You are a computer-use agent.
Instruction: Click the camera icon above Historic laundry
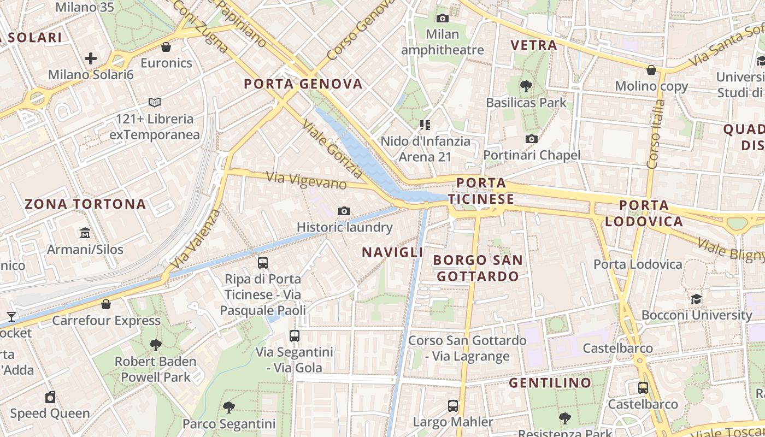(x=344, y=211)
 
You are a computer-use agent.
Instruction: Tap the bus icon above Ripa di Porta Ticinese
(x=263, y=263)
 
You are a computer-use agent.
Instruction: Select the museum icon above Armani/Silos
(x=85, y=233)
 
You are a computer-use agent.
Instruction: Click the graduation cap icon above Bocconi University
(x=696, y=299)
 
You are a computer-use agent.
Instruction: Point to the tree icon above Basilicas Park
(x=526, y=86)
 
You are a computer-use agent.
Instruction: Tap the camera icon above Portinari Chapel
(x=532, y=139)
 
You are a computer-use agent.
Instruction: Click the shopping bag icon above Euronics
(x=166, y=47)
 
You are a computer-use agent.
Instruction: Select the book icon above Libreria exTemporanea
(x=155, y=102)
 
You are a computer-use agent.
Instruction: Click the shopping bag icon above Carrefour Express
(x=106, y=304)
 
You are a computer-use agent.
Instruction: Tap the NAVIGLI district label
(x=392, y=252)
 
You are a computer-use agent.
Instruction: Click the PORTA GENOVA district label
(x=303, y=84)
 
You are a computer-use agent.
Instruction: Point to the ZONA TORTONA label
(x=85, y=204)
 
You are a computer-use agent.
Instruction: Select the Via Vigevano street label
(x=306, y=180)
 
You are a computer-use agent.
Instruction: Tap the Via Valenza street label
(x=195, y=239)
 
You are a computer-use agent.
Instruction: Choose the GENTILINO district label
(x=550, y=383)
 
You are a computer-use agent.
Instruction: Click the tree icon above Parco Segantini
(x=229, y=407)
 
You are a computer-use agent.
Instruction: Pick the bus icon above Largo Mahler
(x=453, y=405)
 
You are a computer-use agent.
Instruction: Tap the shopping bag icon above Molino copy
(x=651, y=70)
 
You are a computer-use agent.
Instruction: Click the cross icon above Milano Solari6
(x=91, y=58)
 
